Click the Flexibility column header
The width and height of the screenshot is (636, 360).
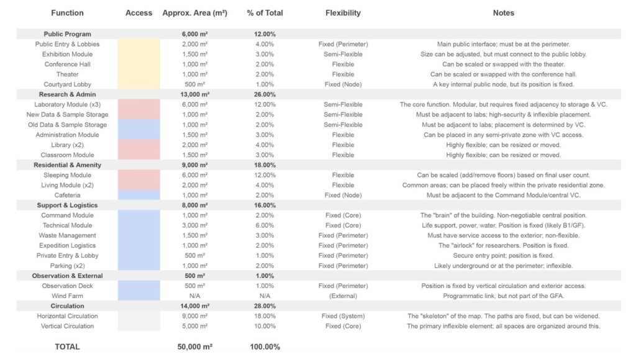point(342,13)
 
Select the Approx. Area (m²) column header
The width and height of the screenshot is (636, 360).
point(194,13)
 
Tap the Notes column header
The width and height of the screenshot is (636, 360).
point(503,13)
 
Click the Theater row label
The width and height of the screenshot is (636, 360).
point(67,74)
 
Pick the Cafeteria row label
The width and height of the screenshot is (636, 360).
point(67,195)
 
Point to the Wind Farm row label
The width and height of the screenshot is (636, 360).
point(67,296)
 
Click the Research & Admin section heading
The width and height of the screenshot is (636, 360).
point(67,94)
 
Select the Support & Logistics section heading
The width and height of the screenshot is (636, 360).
point(67,205)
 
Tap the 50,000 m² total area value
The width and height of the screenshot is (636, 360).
point(194,347)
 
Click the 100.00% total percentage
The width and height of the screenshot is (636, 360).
point(265,347)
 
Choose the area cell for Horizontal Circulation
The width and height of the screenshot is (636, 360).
point(194,316)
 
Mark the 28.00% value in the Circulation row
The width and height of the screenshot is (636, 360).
point(265,306)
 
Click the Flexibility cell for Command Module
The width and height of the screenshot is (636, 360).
point(342,215)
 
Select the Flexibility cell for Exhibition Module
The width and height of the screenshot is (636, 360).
point(342,54)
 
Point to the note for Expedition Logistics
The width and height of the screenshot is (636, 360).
point(503,246)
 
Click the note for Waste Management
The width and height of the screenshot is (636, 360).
point(503,235)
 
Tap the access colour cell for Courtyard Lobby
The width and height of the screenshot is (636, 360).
point(139,84)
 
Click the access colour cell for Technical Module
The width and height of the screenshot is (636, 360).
point(139,225)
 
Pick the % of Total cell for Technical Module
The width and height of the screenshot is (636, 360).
point(265,225)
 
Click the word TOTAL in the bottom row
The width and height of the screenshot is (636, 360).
point(67,347)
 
